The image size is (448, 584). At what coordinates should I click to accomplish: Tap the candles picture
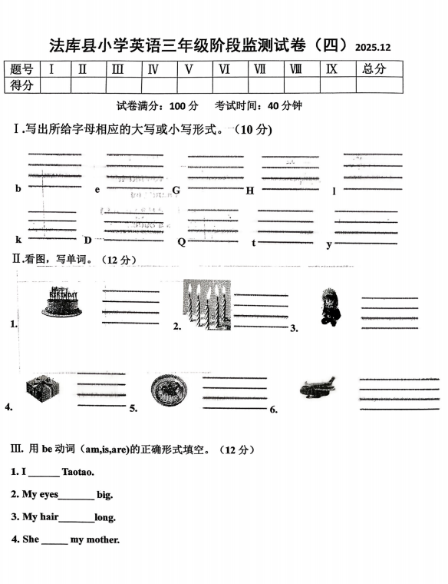point(207,305)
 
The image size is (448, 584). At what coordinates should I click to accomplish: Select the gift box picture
point(41,390)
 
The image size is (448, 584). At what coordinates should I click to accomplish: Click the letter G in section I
point(176,190)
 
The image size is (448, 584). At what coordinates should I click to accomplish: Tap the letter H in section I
point(249,191)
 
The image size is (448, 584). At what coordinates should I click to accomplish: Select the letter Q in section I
point(181,241)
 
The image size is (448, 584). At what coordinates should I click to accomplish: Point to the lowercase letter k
point(18,240)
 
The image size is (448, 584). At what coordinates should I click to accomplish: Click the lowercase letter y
point(329,244)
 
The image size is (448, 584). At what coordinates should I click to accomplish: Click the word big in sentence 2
point(104,495)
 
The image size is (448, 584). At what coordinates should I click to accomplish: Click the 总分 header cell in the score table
point(373,69)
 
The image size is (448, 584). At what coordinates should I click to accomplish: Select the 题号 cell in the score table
point(22,69)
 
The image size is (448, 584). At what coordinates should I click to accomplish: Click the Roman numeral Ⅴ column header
point(187,69)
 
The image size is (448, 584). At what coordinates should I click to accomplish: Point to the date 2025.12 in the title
point(374,48)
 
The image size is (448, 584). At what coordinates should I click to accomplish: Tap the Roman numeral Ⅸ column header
point(331,69)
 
